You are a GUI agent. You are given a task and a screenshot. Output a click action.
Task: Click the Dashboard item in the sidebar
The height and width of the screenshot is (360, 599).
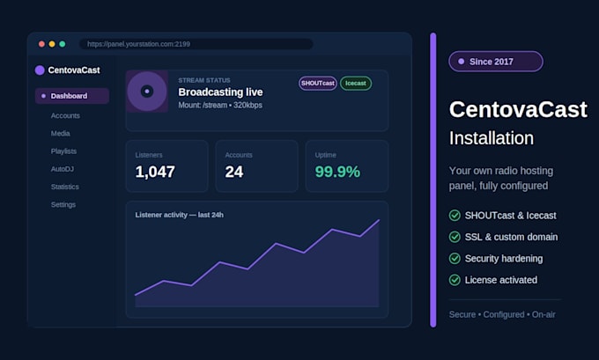point(72,96)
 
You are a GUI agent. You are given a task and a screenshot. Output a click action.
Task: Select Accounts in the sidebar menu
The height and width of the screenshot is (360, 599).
point(65,115)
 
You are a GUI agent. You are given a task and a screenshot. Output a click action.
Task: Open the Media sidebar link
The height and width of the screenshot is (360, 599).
point(61,133)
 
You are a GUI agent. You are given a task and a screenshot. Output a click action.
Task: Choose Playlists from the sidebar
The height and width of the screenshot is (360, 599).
point(63,151)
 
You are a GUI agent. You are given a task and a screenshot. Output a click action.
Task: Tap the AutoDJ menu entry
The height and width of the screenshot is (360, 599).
point(63,169)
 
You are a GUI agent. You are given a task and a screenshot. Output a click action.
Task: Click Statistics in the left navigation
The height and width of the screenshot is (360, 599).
point(65,187)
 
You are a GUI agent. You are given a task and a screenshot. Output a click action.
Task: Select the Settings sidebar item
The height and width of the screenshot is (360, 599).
point(63,204)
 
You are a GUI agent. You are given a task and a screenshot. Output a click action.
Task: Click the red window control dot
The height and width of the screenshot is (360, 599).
point(41,44)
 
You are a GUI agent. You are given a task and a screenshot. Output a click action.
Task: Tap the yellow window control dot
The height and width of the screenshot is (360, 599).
point(52,44)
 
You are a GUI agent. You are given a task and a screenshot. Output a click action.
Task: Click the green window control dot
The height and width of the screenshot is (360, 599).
point(63,44)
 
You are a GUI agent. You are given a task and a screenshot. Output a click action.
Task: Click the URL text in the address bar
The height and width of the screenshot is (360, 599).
point(138,44)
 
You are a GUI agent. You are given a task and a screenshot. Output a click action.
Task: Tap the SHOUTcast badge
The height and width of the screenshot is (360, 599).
point(318,84)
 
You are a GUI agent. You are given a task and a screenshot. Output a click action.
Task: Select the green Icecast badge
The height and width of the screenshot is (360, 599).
point(356,84)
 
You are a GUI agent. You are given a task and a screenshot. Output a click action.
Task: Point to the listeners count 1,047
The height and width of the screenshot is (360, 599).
point(155,172)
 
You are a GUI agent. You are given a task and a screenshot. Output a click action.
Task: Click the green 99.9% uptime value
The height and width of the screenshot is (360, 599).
point(337,172)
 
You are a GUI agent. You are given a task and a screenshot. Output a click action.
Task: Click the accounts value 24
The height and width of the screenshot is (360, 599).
point(234,172)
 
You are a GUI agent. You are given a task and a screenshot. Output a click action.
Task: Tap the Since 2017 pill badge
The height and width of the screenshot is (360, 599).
point(496,62)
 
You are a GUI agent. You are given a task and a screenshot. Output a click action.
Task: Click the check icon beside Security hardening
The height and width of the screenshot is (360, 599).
point(455,259)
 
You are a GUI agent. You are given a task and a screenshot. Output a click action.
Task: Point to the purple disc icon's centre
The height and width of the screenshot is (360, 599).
point(147,92)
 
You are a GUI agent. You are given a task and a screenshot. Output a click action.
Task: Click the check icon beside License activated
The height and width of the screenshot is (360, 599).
point(455,280)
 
